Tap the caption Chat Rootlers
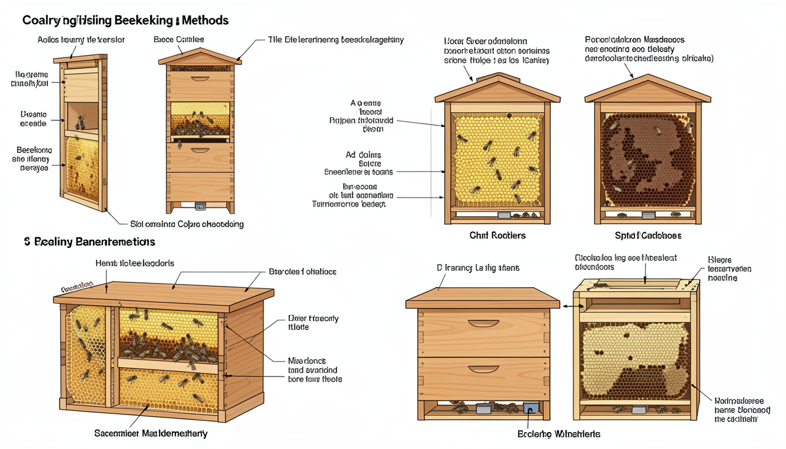[497, 236]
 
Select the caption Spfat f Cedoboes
[647, 236]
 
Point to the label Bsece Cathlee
[178, 40]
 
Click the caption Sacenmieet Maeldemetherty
[151, 434]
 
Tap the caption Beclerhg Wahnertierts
[559, 434]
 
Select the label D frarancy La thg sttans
[478, 268]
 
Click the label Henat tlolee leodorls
[135, 264]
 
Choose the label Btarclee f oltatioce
[302, 272]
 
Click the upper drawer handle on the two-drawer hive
[483, 323]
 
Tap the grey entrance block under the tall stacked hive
[201, 206]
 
